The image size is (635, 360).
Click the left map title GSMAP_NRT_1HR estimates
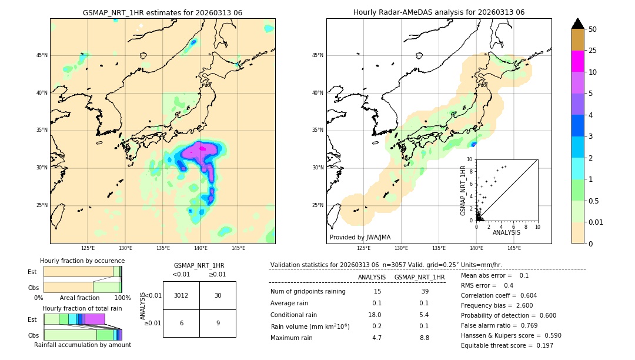click(x=162, y=12)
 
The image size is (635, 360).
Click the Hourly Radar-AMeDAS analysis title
click(x=439, y=12)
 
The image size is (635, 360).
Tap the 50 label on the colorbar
click(x=593, y=29)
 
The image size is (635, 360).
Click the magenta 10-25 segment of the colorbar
click(x=577, y=61)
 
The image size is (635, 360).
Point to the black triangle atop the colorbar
click(x=577, y=24)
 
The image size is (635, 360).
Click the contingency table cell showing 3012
click(x=181, y=295)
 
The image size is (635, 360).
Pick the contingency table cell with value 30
click(x=218, y=295)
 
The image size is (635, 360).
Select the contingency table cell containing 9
click(x=218, y=323)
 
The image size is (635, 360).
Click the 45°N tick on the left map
click(x=42, y=55)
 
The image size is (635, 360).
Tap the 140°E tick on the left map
click(x=200, y=248)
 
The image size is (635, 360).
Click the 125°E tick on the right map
click(x=364, y=248)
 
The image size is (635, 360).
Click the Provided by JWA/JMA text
click(x=360, y=238)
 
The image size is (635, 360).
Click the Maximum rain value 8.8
click(x=424, y=338)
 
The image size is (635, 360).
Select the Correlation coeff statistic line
click(x=499, y=295)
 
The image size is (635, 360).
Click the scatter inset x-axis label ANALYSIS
click(x=506, y=233)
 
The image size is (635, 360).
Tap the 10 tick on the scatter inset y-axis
click(x=470, y=159)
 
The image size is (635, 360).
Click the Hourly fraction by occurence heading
click(x=82, y=261)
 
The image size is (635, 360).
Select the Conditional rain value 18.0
click(x=377, y=315)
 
